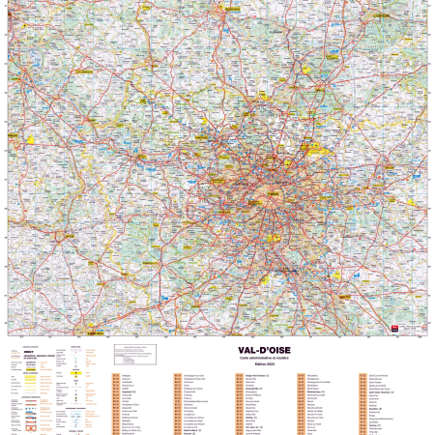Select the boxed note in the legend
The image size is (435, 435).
click(135, 356)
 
